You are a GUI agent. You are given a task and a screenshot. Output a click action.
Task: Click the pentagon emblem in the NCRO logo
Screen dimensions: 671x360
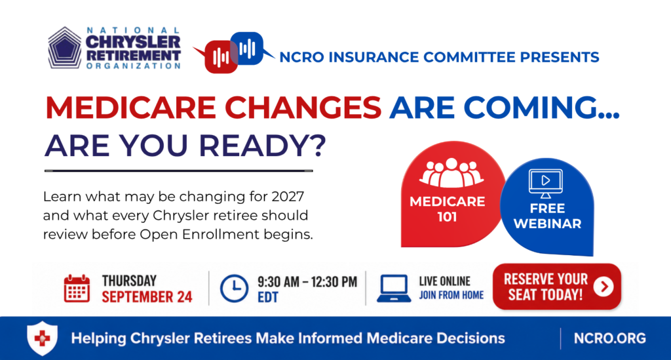65,47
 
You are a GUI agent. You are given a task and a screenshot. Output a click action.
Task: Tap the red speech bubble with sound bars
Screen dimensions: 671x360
219,56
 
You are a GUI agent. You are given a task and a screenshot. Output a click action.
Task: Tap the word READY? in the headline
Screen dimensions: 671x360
262,146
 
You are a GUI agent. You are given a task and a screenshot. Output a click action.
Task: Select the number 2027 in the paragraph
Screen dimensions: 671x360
288,197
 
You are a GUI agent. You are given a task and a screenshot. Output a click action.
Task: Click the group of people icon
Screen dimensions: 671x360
451,172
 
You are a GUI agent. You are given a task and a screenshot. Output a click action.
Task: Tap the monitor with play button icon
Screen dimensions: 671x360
546,183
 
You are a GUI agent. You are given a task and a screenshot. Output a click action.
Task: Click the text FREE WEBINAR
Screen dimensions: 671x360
547,216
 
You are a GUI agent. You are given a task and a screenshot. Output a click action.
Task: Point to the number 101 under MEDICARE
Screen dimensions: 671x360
447,217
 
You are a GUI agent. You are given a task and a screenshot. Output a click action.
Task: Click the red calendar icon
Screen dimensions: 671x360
77,289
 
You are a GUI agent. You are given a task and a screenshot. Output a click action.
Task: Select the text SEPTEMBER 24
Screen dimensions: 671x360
147,296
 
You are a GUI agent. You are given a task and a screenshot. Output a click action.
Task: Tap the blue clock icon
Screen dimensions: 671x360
234,289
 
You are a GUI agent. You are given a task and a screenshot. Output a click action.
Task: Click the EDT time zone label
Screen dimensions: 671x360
268,297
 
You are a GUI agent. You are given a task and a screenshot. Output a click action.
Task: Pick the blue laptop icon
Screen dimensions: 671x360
394,289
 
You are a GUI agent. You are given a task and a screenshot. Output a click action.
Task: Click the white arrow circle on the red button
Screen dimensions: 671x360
604,287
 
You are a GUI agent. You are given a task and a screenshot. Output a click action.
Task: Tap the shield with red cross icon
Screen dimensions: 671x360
42,338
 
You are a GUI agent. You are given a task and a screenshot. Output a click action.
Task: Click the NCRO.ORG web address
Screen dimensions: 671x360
610,338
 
